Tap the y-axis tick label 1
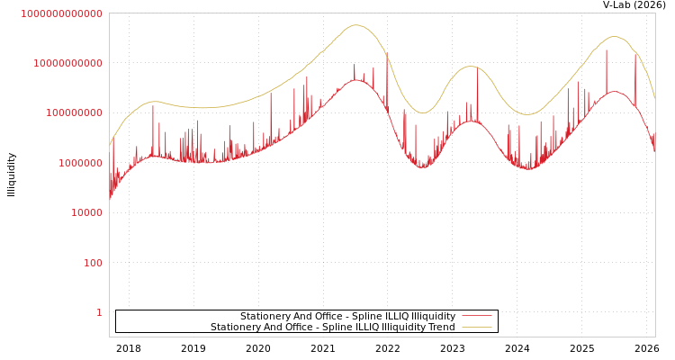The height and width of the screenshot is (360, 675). [99, 312]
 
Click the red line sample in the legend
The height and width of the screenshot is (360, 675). [476, 317]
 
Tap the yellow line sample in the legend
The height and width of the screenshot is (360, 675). [476, 328]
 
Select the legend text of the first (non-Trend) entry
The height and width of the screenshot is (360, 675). [347, 317]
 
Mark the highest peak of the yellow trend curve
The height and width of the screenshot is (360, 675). [356, 25]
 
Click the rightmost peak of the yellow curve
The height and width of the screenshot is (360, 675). [615, 36]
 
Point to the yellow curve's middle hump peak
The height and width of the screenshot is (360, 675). [470, 67]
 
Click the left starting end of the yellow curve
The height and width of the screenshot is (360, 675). [110, 144]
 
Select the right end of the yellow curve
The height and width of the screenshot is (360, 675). [654, 96]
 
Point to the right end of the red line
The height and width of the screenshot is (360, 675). [654, 150]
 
